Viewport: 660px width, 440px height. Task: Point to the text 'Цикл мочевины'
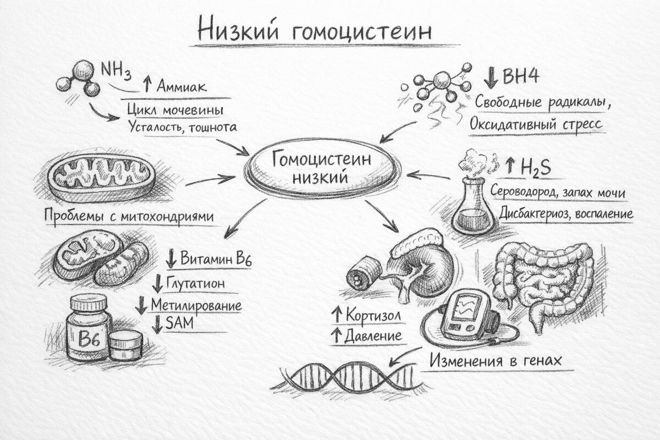click(175, 110)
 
